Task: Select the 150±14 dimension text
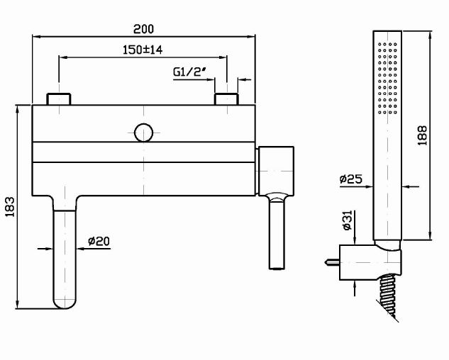tap(143, 50)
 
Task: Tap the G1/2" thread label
tap(190, 72)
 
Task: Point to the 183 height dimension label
tap(10, 207)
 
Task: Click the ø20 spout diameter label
tap(99, 241)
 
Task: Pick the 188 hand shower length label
tap(423, 137)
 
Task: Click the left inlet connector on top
tap(58, 99)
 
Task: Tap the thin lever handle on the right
tap(276, 233)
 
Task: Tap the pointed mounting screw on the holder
tap(330, 262)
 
